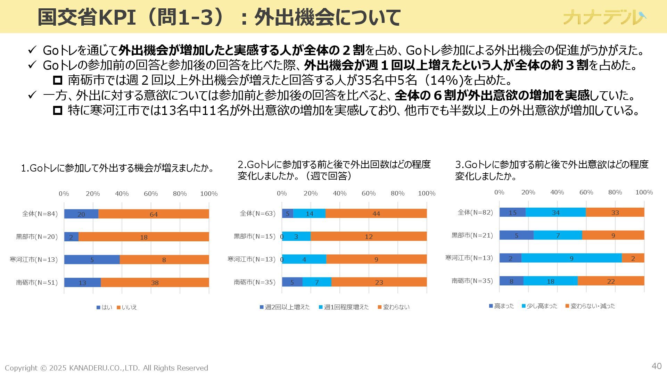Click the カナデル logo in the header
(x=604, y=17)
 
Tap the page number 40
(x=656, y=366)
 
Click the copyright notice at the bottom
(x=106, y=368)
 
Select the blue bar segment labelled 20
(x=81, y=214)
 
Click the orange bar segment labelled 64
(x=154, y=214)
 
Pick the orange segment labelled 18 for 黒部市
(x=144, y=237)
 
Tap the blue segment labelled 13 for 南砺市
(x=82, y=283)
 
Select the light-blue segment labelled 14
(x=310, y=214)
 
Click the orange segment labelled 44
(x=376, y=214)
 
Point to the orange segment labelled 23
(x=379, y=282)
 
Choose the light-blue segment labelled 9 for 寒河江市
(x=571, y=258)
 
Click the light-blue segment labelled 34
(x=556, y=212)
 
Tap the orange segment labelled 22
(x=611, y=281)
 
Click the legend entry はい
(x=105, y=307)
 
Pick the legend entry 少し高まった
(x=540, y=306)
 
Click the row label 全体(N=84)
(x=40, y=214)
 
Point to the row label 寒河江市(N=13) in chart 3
(x=469, y=258)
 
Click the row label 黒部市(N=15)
(x=254, y=236)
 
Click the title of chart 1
(x=117, y=168)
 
